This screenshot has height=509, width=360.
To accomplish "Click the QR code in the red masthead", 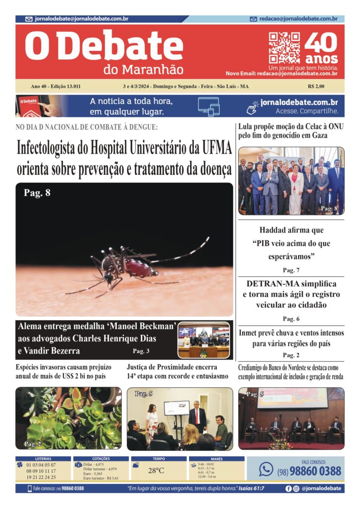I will [284, 48].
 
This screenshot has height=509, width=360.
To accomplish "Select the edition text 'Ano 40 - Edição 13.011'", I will [56, 86].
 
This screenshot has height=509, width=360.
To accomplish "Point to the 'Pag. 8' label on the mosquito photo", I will [37, 193].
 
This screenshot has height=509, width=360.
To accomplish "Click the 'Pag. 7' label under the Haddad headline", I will [291, 270].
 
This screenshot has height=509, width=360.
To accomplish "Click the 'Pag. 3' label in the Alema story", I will [141, 351].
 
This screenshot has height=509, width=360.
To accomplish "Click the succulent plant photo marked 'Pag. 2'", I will [68, 418].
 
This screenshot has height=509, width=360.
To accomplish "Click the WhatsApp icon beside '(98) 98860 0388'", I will [267, 469].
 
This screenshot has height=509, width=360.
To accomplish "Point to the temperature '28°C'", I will [156, 470].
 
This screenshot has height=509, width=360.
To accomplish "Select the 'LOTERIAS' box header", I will [43, 459].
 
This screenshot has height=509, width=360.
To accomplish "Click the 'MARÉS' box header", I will [217, 459].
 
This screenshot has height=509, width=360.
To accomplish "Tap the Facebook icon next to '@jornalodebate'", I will [288, 489].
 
